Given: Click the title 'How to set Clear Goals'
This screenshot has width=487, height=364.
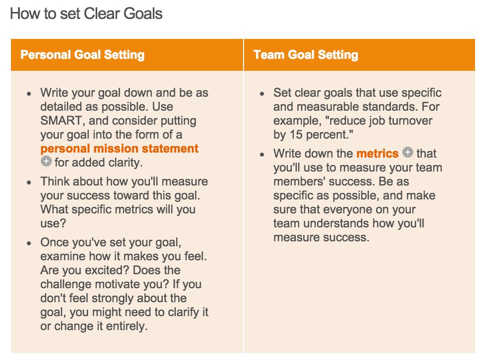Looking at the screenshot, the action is point(86,13).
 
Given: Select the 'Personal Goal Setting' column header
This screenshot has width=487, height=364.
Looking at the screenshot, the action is point(83,55).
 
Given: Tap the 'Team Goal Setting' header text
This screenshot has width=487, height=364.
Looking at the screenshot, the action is point(306,55).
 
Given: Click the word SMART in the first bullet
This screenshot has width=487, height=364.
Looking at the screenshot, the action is point(61,121).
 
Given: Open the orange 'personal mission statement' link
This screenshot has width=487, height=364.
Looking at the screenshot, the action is point(120,149).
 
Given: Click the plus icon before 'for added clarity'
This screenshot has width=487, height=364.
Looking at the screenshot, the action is point(46,161).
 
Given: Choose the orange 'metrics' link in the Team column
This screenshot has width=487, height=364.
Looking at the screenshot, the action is point(377,154).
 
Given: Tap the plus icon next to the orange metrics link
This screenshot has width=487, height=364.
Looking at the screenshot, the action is point(407,152).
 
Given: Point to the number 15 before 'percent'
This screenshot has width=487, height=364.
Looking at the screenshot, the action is point(296,135).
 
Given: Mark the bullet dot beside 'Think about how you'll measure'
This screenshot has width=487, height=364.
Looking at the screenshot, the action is point(29,182).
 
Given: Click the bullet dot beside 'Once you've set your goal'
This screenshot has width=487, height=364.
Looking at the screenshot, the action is point(29,243).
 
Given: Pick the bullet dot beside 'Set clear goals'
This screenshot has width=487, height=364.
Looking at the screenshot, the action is point(262,94).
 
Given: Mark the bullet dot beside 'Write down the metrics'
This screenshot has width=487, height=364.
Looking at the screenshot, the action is point(262,154).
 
